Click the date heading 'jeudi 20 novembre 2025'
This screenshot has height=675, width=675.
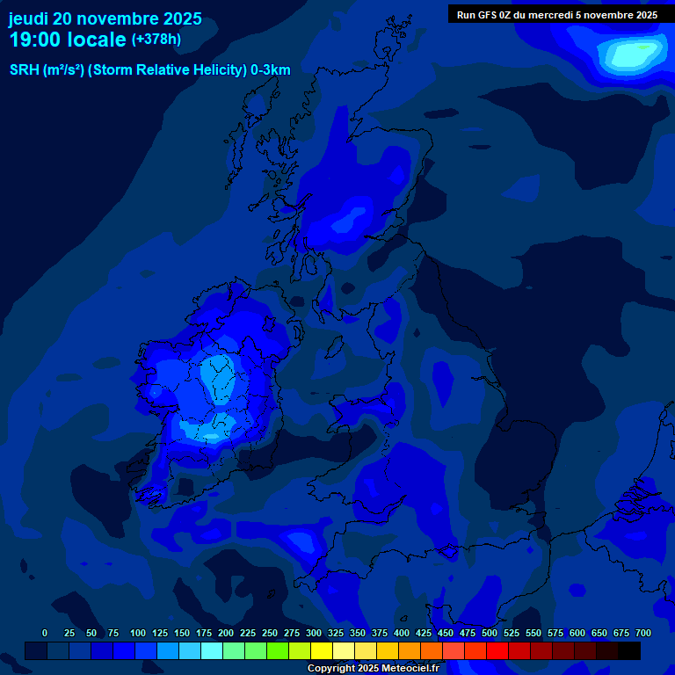click(105, 18)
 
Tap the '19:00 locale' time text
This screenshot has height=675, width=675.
click(68, 40)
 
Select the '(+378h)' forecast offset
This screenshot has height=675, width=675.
click(156, 40)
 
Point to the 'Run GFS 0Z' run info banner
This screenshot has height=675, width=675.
click(557, 14)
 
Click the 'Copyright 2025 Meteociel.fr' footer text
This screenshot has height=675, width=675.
click(373, 668)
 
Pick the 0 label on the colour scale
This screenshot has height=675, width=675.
click(45, 633)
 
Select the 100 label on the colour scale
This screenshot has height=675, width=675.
click(138, 633)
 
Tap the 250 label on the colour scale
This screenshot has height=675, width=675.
click(270, 633)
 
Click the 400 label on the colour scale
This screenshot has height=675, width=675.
click(402, 633)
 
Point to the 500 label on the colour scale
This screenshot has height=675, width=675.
click(490, 633)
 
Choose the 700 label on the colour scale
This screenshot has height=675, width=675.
click(643, 633)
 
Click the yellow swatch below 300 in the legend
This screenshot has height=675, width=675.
click(322, 650)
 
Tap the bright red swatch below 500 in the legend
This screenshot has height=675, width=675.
click(497, 650)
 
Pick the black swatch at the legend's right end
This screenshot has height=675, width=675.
click(629, 650)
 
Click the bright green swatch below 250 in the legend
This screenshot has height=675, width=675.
click(278, 650)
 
